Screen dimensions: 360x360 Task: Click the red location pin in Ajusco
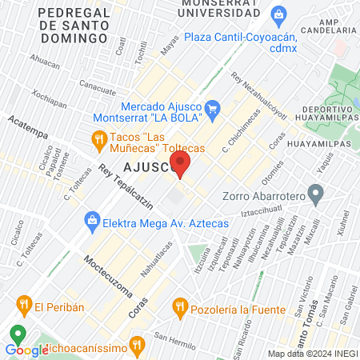point(182,166)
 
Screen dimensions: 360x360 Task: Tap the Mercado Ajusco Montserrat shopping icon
point(212,108)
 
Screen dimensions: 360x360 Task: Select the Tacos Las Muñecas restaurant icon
point(99,141)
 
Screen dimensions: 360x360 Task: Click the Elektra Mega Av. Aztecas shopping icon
point(93,218)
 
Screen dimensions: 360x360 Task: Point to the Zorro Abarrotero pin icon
point(315,193)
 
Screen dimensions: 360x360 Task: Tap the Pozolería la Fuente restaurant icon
point(180,306)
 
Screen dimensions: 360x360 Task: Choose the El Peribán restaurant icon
point(22,304)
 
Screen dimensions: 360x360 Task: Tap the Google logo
point(26,350)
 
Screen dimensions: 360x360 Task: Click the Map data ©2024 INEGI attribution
point(312,354)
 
